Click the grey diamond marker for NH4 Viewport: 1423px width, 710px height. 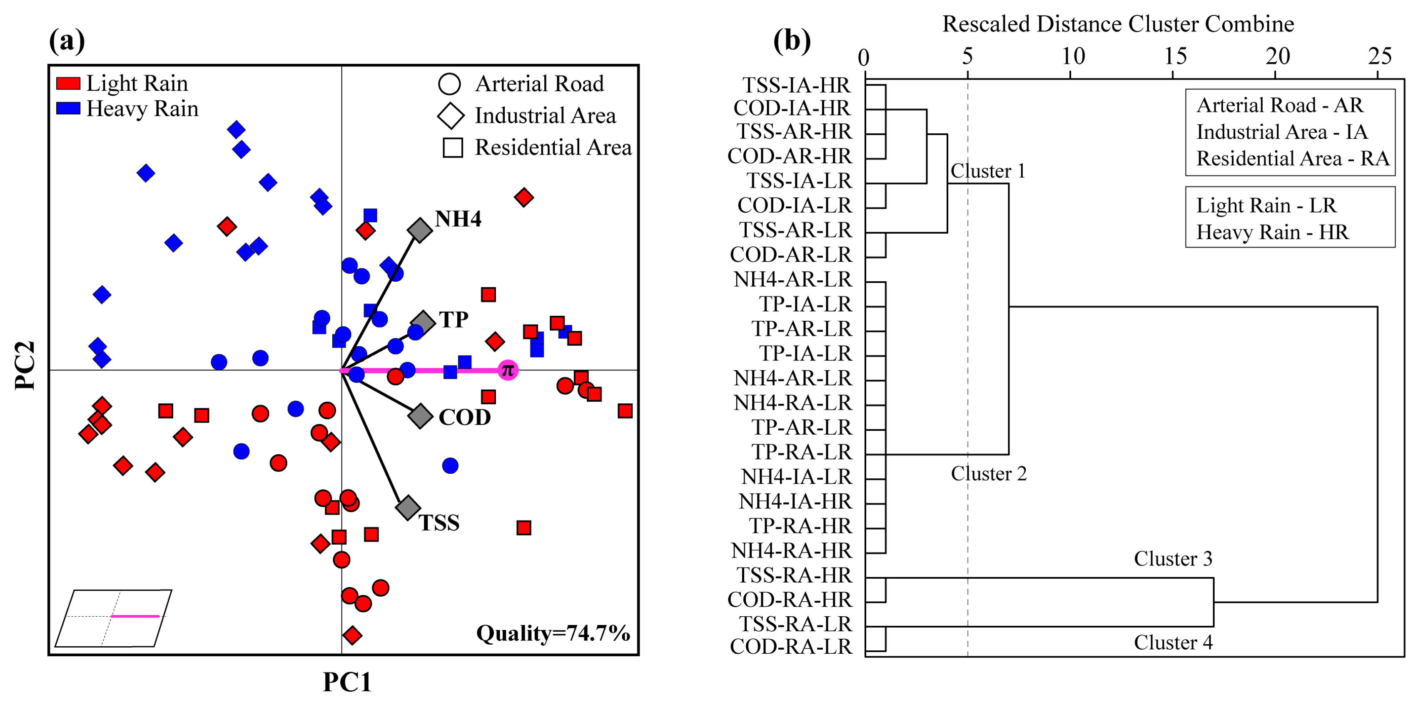pos(420,230)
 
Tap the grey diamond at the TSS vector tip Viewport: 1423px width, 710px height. pos(408,507)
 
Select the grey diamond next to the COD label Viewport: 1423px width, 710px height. pos(420,415)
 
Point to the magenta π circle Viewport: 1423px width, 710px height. pos(508,370)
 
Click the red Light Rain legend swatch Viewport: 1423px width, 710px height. pos(68,83)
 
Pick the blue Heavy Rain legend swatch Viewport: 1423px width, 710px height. pos(68,108)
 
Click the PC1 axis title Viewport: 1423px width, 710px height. pos(347,682)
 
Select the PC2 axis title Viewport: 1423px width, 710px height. pos(25,365)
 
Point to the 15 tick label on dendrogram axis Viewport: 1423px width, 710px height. pos(1175,56)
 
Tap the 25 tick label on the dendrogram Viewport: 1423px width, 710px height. pos(1379,56)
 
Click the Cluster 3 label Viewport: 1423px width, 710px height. pos(1173,559)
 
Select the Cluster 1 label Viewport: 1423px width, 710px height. pos(988,171)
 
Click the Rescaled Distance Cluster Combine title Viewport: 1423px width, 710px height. pos(1117,24)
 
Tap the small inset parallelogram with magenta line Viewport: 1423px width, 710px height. pos(114,618)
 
